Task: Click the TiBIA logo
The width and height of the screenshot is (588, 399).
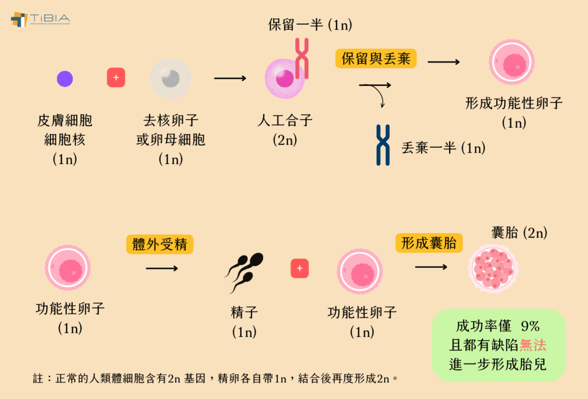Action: coord(40,19)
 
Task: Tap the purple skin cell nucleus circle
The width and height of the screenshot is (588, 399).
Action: coord(65,79)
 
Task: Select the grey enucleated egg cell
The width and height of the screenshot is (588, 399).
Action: coord(171,79)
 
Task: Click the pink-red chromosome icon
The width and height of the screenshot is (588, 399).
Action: coord(302,58)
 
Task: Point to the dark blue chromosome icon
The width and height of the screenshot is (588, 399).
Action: coord(383,145)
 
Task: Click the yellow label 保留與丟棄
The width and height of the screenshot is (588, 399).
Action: coord(376,59)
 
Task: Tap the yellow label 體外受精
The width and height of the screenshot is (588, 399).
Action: coord(160,245)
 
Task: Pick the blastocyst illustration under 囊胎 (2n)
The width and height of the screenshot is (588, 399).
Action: coord(493,268)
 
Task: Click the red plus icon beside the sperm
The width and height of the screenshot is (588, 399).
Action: coord(300,268)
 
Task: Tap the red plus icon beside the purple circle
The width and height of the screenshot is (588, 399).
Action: coord(116,77)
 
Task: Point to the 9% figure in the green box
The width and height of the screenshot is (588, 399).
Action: coord(530,327)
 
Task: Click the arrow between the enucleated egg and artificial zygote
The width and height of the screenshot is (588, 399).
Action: coord(230,78)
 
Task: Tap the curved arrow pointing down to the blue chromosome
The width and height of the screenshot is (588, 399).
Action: coord(380,95)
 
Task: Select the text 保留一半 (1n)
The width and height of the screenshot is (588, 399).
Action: coord(310,25)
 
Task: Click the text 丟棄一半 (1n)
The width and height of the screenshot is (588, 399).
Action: coord(443,148)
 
